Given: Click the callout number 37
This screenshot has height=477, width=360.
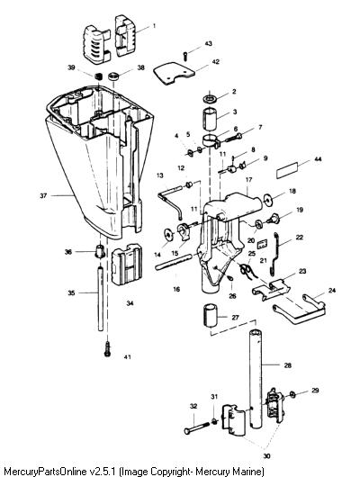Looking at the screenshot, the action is [x=43, y=195].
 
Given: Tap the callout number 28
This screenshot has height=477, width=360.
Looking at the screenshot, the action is [x=288, y=365].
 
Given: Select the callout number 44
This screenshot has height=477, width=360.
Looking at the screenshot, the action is [x=318, y=159].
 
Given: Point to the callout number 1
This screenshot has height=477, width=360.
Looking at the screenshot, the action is [x=154, y=25].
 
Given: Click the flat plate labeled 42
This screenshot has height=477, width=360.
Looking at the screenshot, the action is [x=174, y=73].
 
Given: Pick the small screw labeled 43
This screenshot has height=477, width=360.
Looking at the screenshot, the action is [x=185, y=56].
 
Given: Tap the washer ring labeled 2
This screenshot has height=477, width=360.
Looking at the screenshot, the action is [x=210, y=99].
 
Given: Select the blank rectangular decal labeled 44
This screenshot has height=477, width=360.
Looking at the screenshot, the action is [x=287, y=171].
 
